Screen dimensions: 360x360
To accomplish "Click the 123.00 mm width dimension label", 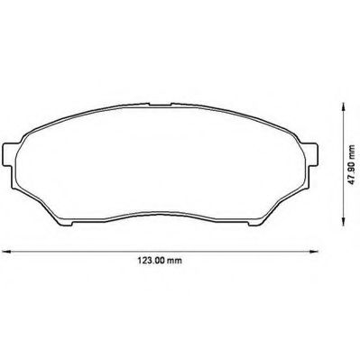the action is click(160, 261).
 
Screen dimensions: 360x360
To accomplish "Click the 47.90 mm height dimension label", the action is click(351, 165).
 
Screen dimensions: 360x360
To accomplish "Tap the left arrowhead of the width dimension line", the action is click(6, 251).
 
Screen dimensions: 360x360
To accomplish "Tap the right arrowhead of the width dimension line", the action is click(314, 251).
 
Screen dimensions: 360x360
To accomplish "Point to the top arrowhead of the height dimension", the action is click(342, 106).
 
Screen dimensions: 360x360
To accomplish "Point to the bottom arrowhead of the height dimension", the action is click(342, 221).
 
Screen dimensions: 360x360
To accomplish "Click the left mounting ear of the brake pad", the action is click(8, 154).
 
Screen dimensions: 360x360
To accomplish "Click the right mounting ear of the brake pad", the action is click(312, 154).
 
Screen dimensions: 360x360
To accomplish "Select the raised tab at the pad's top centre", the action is click(161, 104).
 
